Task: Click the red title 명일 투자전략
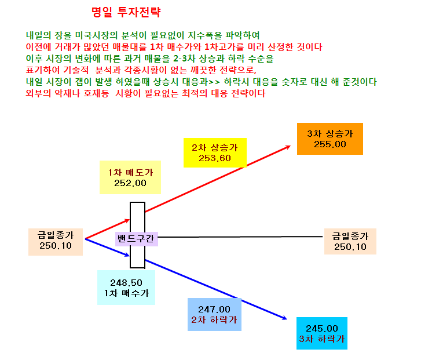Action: tap(126, 12)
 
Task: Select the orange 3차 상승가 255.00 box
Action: tap(330, 139)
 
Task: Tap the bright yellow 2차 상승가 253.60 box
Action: tap(215, 152)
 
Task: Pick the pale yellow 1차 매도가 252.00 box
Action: tap(130, 177)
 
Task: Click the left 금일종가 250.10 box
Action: tap(56, 242)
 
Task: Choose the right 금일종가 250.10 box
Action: tap(350, 241)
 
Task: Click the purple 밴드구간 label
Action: tap(137, 239)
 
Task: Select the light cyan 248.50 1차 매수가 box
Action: tap(126, 288)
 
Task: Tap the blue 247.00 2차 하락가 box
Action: tap(214, 314)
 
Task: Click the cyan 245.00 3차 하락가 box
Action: tap(321, 333)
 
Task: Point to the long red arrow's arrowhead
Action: tap(289, 147)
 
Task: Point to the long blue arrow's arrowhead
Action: tap(285, 318)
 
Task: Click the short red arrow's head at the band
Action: tap(128, 221)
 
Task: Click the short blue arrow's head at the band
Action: tap(128, 255)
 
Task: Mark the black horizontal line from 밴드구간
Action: tap(240, 237)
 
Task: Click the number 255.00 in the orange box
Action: tap(330, 144)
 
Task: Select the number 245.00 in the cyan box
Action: tap(321, 329)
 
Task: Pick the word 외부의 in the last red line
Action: tap(38, 93)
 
